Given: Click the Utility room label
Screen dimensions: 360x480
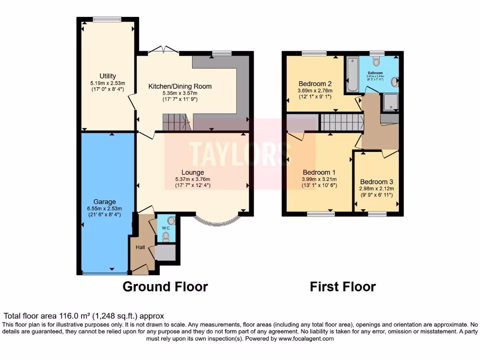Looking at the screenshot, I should click(107, 76).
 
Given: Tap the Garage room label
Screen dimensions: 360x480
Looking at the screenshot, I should click(104, 202).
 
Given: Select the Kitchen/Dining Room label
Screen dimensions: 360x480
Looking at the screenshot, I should click(180, 86).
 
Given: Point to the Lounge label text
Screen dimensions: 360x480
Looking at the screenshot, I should click(193, 172).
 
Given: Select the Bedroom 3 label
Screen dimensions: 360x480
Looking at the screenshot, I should click(376, 182).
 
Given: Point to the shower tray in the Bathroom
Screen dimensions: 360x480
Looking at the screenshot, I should click(390, 102).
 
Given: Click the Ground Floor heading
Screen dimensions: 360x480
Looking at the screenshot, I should click(165, 286).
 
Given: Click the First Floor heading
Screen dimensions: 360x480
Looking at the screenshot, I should click(343, 286).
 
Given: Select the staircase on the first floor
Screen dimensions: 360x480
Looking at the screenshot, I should click(342, 122).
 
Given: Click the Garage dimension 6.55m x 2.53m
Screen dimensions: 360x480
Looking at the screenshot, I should click(104, 209).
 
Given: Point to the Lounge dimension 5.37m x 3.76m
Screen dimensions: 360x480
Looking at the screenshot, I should click(193, 179).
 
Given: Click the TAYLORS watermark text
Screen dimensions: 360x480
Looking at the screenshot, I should click(240, 151).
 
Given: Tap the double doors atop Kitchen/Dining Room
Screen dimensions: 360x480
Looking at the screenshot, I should click(163, 50).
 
